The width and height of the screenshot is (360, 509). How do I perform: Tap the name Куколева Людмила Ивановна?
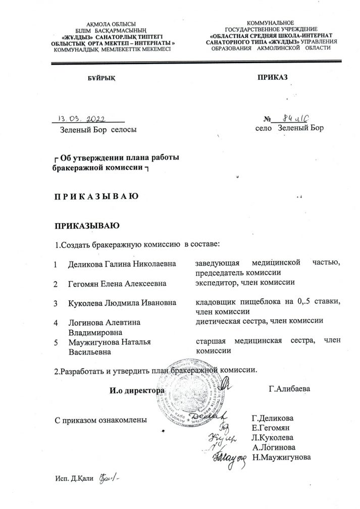(x=122, y=303)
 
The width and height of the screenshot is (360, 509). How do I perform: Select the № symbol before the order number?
(x=268, y=119)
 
